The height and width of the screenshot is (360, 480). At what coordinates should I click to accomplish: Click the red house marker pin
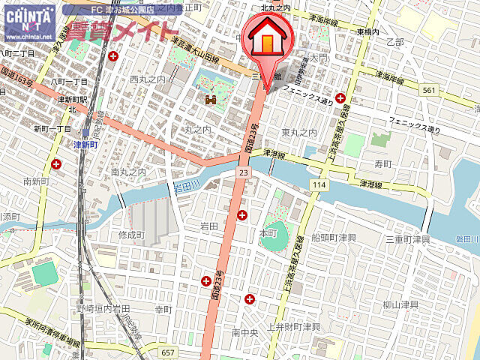click(x=267, y=41)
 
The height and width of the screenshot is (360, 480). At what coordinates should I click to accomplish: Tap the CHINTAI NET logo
click(x=29, y=22)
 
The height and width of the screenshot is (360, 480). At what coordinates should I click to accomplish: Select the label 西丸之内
click(x=147, y=79)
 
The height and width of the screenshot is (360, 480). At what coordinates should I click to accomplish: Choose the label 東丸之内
click(x=299, y=132)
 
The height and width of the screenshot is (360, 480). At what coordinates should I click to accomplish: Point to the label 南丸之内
click(x=128, y=172)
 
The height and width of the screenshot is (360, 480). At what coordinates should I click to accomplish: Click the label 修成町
click(x=130, y=235)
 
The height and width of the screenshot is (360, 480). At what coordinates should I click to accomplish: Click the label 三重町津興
click(x=408, y=239)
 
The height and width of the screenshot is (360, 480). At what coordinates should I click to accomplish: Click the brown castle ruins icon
click(x=211, y=98)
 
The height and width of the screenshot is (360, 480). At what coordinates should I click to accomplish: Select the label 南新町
click(x=36, y=181)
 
